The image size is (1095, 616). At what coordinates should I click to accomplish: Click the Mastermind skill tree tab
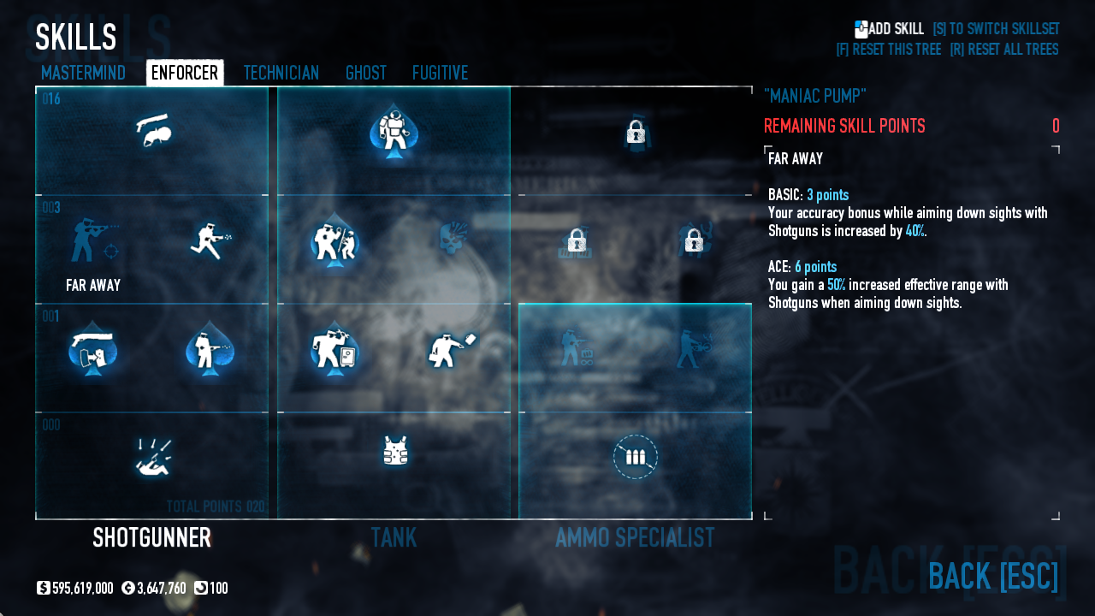coord(83,73)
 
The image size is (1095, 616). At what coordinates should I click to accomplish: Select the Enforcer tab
coord(185,73)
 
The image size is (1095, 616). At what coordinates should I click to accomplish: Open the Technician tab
coord(281,73)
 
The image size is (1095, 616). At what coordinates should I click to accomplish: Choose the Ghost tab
coord(366,73)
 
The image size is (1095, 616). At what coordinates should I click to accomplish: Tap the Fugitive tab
coord(440,73)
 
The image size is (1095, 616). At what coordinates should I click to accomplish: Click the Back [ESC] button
coord(992,576)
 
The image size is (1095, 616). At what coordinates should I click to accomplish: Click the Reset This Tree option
coord(888,50)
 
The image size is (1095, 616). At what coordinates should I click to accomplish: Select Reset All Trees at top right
coord(1003,50)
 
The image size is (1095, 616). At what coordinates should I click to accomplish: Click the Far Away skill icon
coord(93,241)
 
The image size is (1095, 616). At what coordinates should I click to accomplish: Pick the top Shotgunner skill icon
coord(152,131)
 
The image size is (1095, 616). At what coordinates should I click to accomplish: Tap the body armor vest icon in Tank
coord(394,451)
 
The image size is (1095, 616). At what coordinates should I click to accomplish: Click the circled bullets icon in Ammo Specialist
coord(635,457)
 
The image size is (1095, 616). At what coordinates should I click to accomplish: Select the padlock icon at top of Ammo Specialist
coord(635,132)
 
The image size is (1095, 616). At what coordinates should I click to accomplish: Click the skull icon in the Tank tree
coord(453,240)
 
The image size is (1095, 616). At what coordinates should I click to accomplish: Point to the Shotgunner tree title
coord(151,537)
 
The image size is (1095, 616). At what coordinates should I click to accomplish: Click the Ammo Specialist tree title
coord(635,537)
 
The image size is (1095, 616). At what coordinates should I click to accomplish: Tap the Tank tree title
coord(394,537)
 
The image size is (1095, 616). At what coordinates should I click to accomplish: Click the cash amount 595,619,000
coord(82,589)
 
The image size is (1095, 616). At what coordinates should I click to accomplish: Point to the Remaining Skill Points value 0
coord(1056,127)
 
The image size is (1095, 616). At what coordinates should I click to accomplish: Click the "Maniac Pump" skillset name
coord(815,96)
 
